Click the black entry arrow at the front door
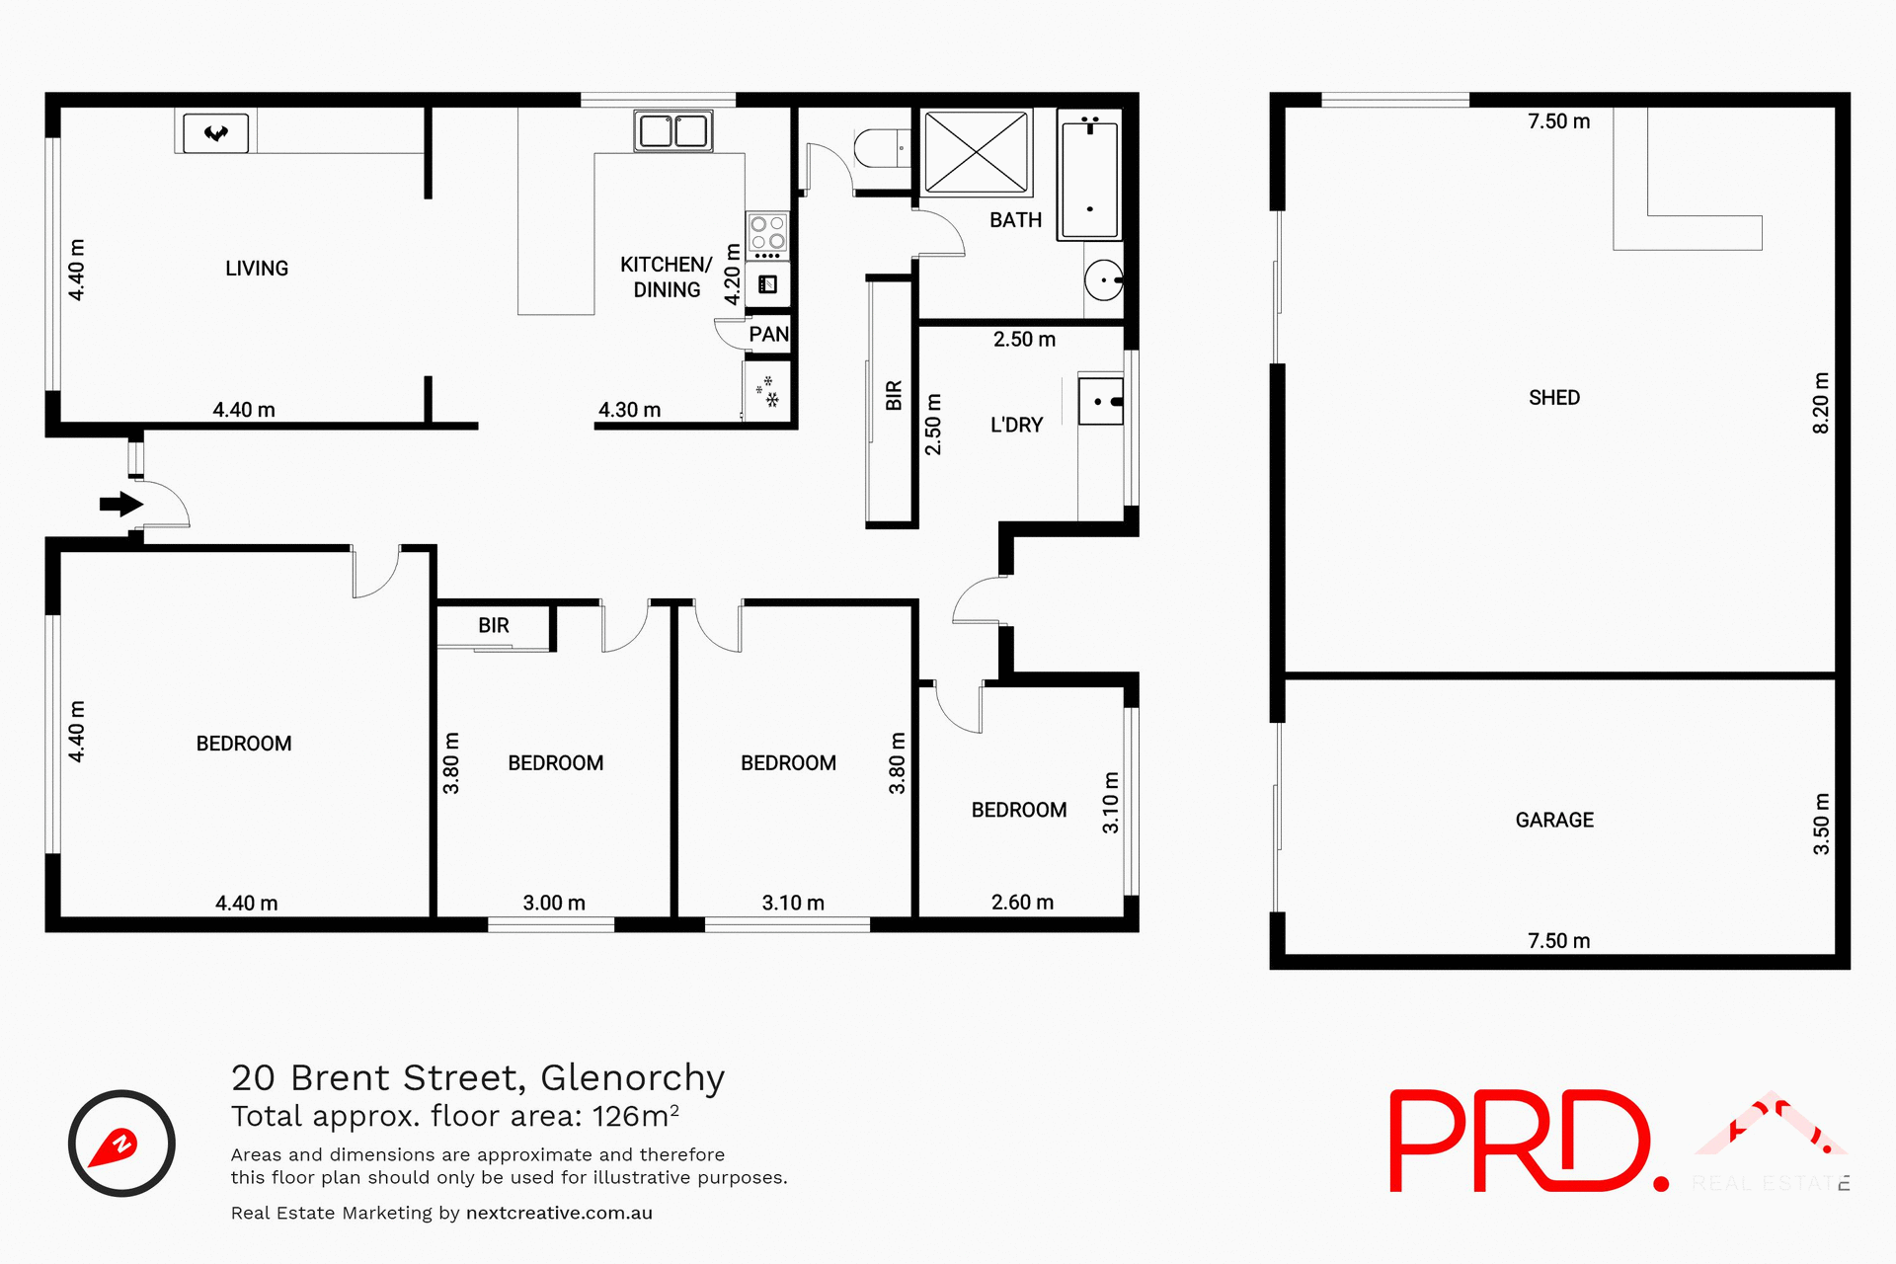point(120,505)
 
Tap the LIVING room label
point(257,269)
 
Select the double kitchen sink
point(673,130)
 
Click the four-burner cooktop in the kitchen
point(767,233)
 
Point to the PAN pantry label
point(768,334)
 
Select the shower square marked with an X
point(976,152)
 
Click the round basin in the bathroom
point(1103,280)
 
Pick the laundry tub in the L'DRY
point(1100,401)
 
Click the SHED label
point(1554,398)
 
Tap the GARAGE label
point(1554,821)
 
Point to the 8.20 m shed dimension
point(1821,403)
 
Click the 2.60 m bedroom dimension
point(1022,903)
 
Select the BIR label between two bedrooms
point(493,626)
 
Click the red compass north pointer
point(115,1148)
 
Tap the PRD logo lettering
point(1521,1141)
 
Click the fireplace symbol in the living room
point(216,132)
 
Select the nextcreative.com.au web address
point(559,1213)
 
